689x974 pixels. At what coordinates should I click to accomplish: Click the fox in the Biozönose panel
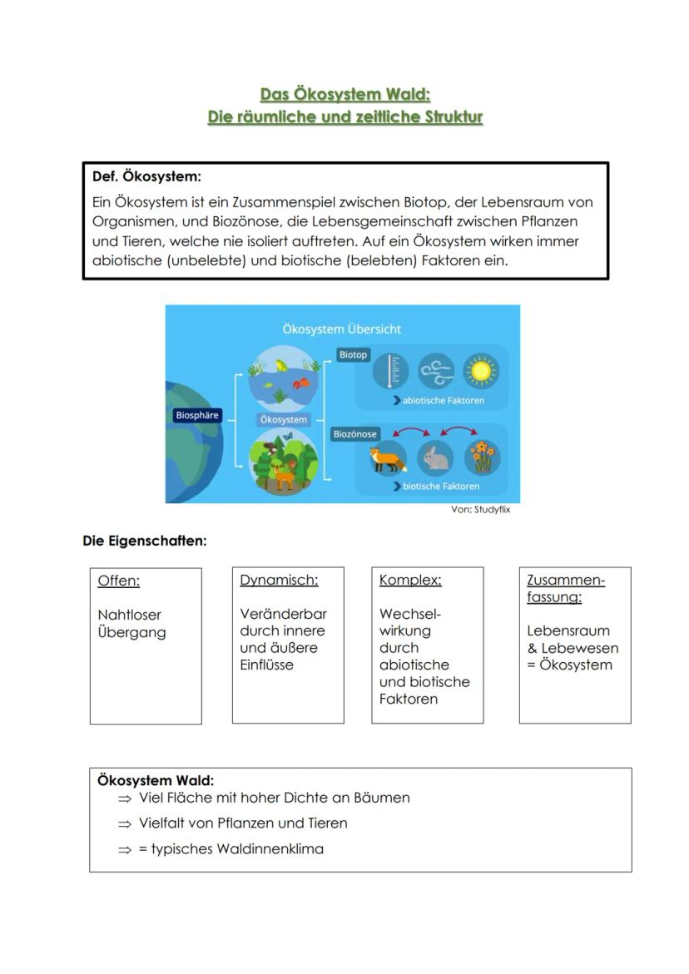tap(388, 457)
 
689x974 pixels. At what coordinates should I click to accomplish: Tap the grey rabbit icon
tap(435, 457)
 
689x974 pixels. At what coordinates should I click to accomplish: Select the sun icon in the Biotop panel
tap(480, 371)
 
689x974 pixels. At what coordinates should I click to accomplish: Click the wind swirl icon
tap(436, 371)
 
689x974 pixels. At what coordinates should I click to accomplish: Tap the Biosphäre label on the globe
tap(197, 415)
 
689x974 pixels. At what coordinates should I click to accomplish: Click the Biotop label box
tap(353, 355)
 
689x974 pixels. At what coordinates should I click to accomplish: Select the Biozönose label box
tap(355, 434)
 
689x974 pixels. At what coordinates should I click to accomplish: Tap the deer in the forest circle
tap(284, 477)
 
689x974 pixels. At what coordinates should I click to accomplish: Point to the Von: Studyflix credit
tap(480, 510)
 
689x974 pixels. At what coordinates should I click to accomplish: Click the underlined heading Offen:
tap(119, 581)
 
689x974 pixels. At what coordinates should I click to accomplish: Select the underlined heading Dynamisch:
tap(279, 581)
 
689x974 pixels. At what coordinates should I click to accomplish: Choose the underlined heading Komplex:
tap(410, 581)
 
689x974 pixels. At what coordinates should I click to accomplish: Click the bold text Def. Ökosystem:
tap(146, 177)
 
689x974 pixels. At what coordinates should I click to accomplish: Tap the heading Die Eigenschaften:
tap(144, 541)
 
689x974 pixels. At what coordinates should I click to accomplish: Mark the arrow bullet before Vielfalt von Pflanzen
tap(125, 823)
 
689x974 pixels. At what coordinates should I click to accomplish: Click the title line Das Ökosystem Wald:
tap(344, 95)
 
